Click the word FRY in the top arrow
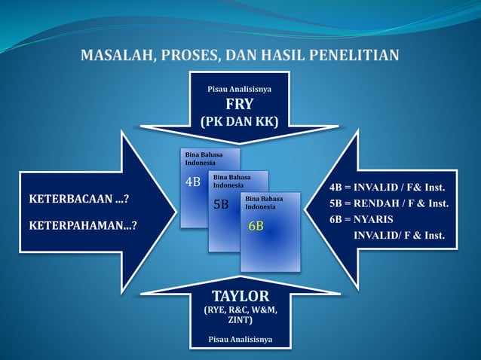(240, 105)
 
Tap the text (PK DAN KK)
(240, 122)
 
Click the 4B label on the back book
(193, 182)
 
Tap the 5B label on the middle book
(221, 204)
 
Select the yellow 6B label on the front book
(256, 226)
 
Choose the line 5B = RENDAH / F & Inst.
(389, 203)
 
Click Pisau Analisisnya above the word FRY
(240, 89)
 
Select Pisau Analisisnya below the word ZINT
(240, 340)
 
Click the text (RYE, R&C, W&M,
(240, 310)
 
